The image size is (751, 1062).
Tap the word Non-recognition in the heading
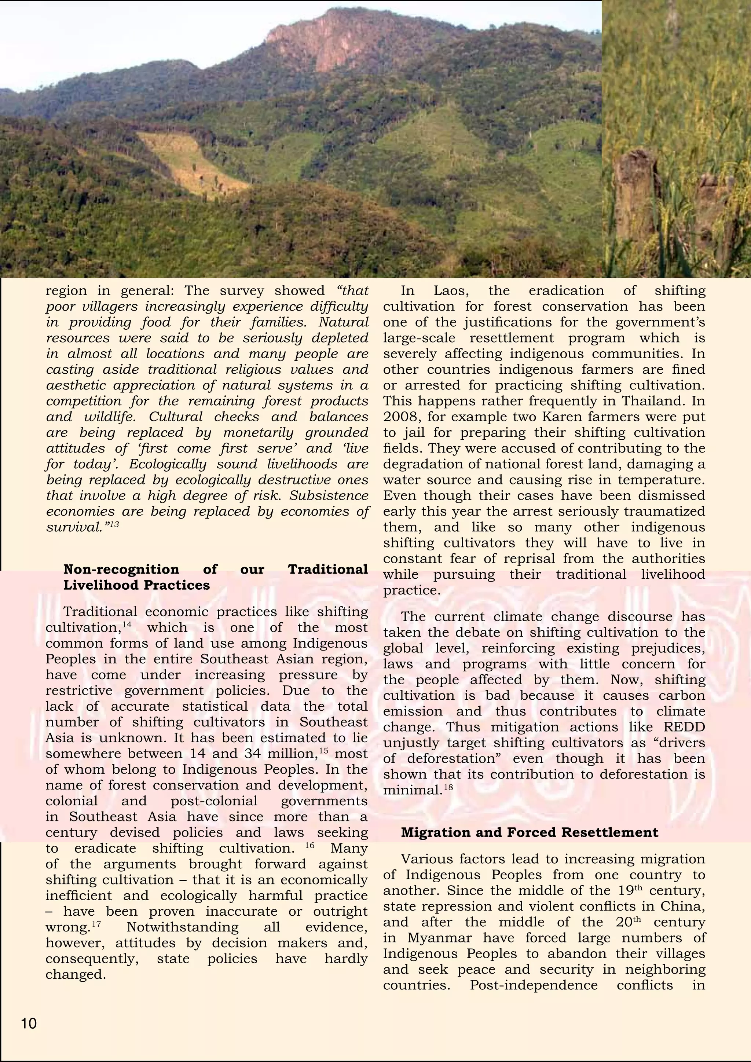pos(121,570)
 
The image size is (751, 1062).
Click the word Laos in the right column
pos(450,291)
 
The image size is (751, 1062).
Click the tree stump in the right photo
pos(638,194)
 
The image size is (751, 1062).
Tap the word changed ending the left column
pos(76,975)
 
